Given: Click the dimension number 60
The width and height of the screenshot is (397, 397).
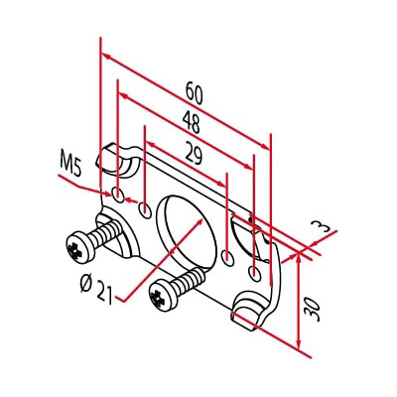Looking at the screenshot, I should (x=195, y=93).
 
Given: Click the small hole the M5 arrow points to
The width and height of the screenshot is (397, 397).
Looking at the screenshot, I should (x=119, y=193).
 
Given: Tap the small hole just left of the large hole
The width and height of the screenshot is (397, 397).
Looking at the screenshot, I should (x=145, y=208).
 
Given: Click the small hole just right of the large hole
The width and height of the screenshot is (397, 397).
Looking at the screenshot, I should (x=228, y=257).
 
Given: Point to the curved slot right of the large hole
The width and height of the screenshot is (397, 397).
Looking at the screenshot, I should (x=244, y=236).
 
